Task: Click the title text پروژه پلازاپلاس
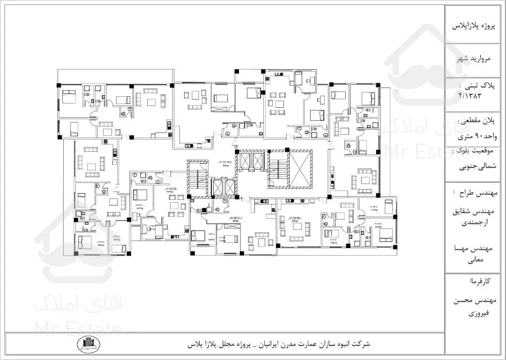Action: [474, 26]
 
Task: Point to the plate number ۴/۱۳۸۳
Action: [470, 95]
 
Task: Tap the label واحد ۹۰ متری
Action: [475, 138]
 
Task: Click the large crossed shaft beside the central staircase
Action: [300, 169]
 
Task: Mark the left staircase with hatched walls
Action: [197, 178]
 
